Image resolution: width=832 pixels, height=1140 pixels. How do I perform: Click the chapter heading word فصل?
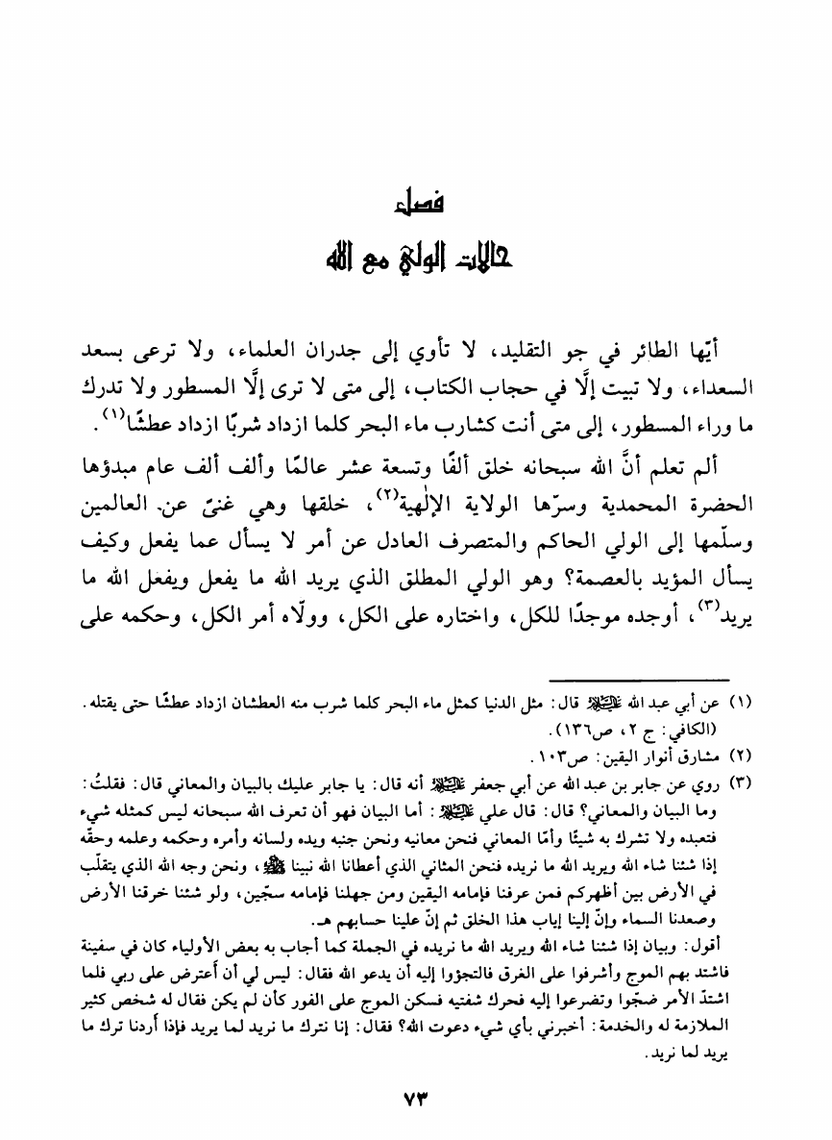click(415, 205)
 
